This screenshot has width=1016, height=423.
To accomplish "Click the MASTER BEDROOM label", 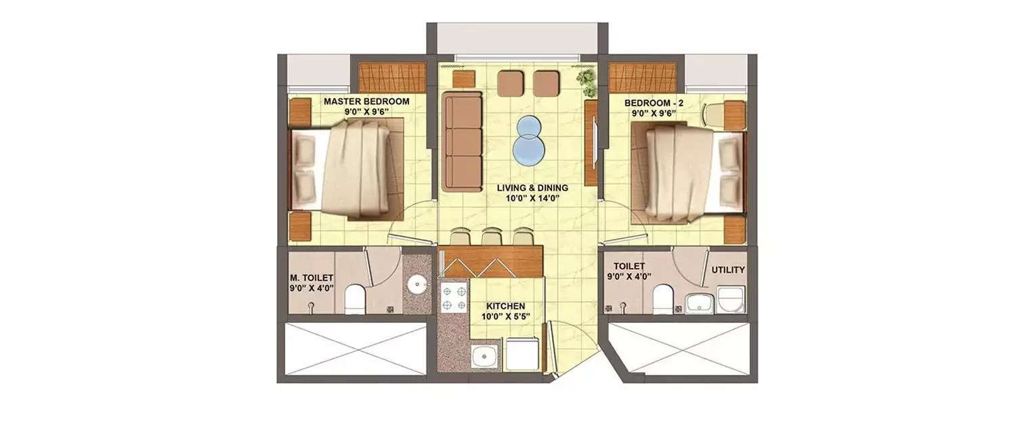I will coord(366,102).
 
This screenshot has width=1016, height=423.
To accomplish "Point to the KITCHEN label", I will coord(505,306).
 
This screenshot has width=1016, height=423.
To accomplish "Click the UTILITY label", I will coord(728,270).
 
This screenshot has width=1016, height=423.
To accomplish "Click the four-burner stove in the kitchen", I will coord(454,298).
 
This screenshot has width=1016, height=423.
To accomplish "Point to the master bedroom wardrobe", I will coord(391,76).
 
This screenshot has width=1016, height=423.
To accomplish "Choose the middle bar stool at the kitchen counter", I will coord(491,237).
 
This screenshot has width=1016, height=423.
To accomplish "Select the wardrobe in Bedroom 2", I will coord(642,76).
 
